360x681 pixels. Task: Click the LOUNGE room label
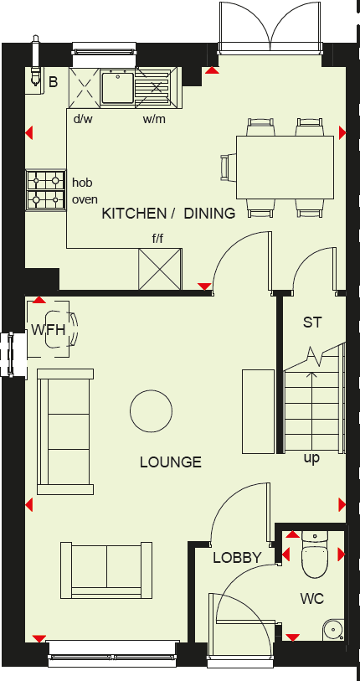pyautogui.click(x=171, y=462)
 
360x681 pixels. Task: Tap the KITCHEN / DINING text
pyautogui.click(x=168, y=214)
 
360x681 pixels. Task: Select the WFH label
pyautogui.click(x=49, y=330)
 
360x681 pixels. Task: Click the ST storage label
pyautogui.click(x=312, y=322)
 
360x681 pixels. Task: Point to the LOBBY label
pyautogui.click(x=237, y=558)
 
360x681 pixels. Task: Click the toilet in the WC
pyautogui.click(x=314, y=556)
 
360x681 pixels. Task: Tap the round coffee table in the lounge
pyautogui.click(x=151, y=411)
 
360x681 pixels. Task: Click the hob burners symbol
pyautogui.click(x=45, y=190)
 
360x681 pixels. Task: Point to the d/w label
pyautogui.click(x=83, y=119)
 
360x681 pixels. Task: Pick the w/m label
pyautogui.click(x=153, y=119)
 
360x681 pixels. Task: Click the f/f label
pyautogui.click(x=157, y=240)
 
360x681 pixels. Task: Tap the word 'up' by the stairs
pyautogui.click(x=311, y=458)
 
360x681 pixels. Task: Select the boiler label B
pyautogui.click(x=53, y=81)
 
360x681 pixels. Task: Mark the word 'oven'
pyautogui.click(x=85, y=199)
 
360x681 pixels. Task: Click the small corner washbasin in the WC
pyautogui.click(x=336, y=628)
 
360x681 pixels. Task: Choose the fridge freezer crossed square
pyautogui.click(x=160, y=268)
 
